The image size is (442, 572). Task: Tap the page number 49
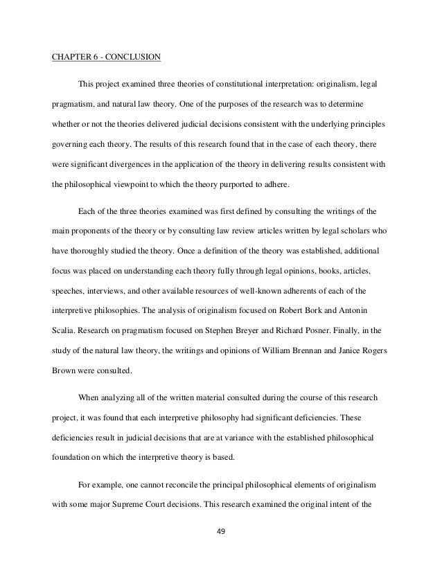pos(220,533)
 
